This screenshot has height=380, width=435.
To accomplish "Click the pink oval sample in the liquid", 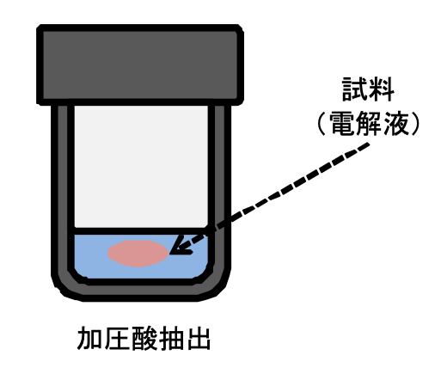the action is tap(138, 254).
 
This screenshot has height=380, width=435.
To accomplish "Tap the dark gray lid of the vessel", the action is tap(140, 64).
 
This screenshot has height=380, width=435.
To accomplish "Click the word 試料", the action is tap(368, 89).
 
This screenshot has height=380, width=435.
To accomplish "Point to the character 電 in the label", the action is tap(341, 123).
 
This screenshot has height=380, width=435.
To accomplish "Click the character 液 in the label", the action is tap(396, 123).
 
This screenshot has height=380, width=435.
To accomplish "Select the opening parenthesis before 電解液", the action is tap(322, 123).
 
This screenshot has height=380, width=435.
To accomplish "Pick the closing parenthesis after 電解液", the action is tap(415, 123).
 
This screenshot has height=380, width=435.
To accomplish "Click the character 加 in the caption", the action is tap(89, 338).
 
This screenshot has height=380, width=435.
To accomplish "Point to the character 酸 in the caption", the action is tap(144, 338).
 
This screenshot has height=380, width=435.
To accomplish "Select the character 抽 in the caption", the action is tap(171, 338).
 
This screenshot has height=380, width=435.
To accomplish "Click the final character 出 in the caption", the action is tap(199, 338).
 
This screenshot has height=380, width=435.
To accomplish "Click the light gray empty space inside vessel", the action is tap(141, 167).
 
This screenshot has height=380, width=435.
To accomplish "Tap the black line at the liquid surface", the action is tap(140, 231).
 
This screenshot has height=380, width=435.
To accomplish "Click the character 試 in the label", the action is tap(355, 89).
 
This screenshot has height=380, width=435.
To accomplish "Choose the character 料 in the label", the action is tap(382, 89).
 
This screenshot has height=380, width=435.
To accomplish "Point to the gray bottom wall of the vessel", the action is tap(140, 290).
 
